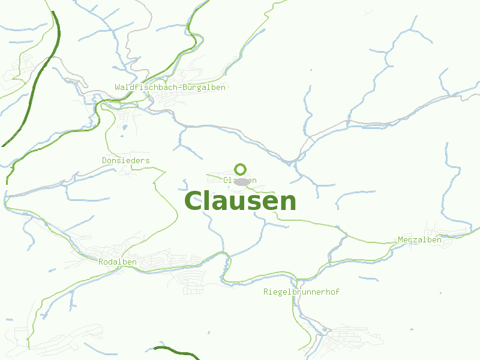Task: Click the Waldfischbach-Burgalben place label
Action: (170, 88)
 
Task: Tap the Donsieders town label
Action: (126, 160)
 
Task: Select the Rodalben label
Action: (118, 262)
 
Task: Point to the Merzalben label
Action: (419, 240)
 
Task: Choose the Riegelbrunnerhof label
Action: (301, 292)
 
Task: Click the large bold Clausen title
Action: (240, 202)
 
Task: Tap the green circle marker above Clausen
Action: (240, 169)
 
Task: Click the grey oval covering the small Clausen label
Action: (242, 181)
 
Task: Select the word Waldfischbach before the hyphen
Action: (145, 88)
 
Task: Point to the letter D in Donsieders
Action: (104, 160)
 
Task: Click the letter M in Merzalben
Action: (400, 240)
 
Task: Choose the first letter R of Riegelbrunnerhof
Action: (266, 292)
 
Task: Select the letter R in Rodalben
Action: (101, 262)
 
